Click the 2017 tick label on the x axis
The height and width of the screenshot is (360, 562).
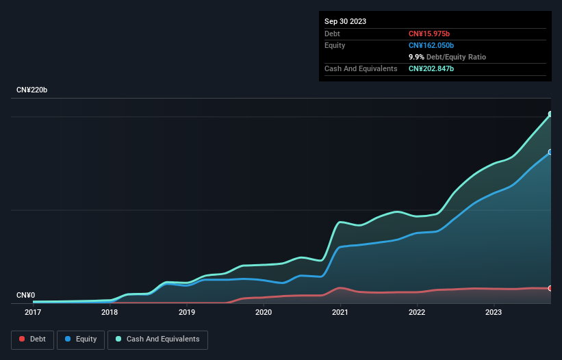(32, 313)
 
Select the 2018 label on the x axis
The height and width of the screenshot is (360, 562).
(110, 313)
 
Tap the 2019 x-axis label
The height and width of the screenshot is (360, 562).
(187, 313)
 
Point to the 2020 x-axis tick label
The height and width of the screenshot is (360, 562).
(264, 313)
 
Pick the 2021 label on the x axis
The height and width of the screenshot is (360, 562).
(341, 313)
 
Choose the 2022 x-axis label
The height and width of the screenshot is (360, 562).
(418, 313)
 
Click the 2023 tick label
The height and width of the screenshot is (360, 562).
(495, 313)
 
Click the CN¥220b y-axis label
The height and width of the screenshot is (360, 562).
(32, 90)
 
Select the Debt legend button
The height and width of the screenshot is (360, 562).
(32, 339)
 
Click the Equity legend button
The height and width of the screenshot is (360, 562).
(81, 339)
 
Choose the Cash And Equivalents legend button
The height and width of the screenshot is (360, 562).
(157, 339)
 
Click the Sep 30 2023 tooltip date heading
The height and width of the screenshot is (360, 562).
(345, 21)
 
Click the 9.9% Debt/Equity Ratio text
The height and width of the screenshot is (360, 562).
(448, 57)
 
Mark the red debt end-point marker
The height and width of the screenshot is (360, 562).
(550, 288)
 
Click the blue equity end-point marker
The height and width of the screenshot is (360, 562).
(550, 152)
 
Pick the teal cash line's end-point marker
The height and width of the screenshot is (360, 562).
(550, 114)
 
